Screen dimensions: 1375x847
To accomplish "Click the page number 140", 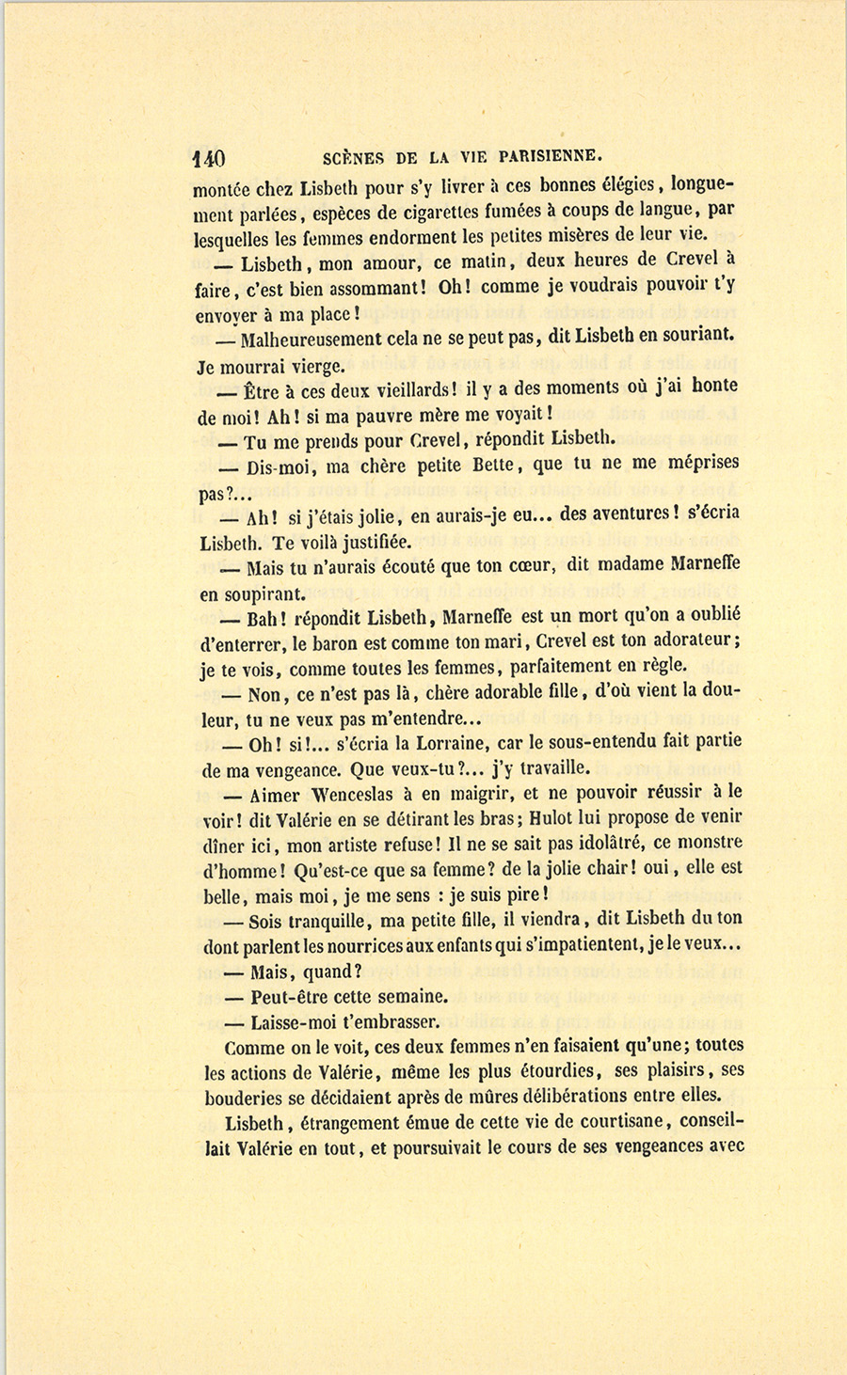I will tap(208, 157).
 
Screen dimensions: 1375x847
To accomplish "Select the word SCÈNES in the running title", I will tap(352, 156).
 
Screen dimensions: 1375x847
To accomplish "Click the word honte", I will tap(714, 386).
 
